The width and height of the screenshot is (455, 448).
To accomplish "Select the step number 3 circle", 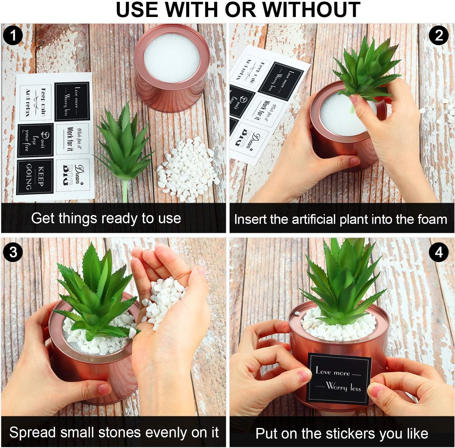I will coord(12,252).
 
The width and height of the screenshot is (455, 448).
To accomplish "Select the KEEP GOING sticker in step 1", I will coord(35,176).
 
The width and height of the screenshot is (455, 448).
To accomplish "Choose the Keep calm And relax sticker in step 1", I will coord(36,103).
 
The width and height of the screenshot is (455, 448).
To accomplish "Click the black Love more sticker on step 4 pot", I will coord(339,379).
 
